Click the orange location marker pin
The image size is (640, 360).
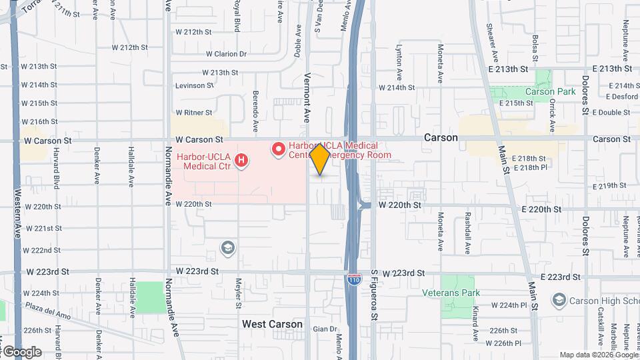pos(320,159)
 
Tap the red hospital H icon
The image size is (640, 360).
pos(242,161)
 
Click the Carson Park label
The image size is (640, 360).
pos(549,91)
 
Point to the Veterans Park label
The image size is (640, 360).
pos(451,292)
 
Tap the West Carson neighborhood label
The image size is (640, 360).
pos(272,324)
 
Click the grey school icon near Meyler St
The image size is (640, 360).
pos(228,249)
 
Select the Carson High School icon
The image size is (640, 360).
pos(559,300)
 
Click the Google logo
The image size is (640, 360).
pos(21,351)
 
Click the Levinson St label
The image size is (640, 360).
pos(194,85)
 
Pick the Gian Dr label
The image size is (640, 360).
pos(325,329)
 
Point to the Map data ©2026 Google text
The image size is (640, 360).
pos(598,355)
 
